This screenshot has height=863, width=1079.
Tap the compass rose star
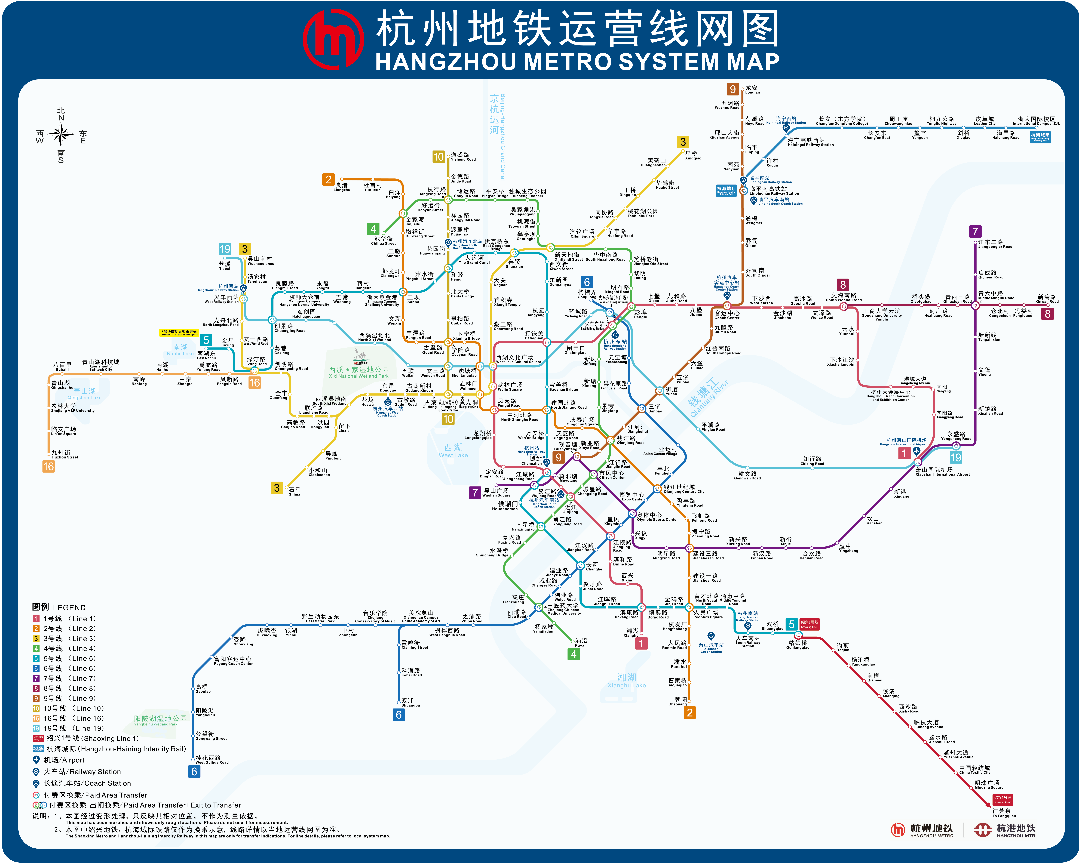pyautogui.click(x=61, y=134)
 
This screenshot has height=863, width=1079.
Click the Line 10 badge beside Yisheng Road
pyautogui.click(x=438, y=157)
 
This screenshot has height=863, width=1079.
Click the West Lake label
pyautogui.click(x=453, y=450)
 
